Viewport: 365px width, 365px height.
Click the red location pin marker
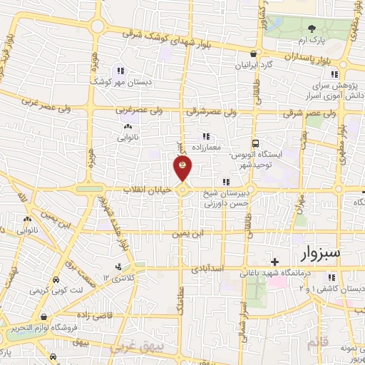183,168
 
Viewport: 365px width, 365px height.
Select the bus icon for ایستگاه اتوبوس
256,143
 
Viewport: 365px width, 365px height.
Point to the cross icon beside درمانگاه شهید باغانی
274,262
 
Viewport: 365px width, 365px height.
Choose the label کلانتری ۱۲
113,277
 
